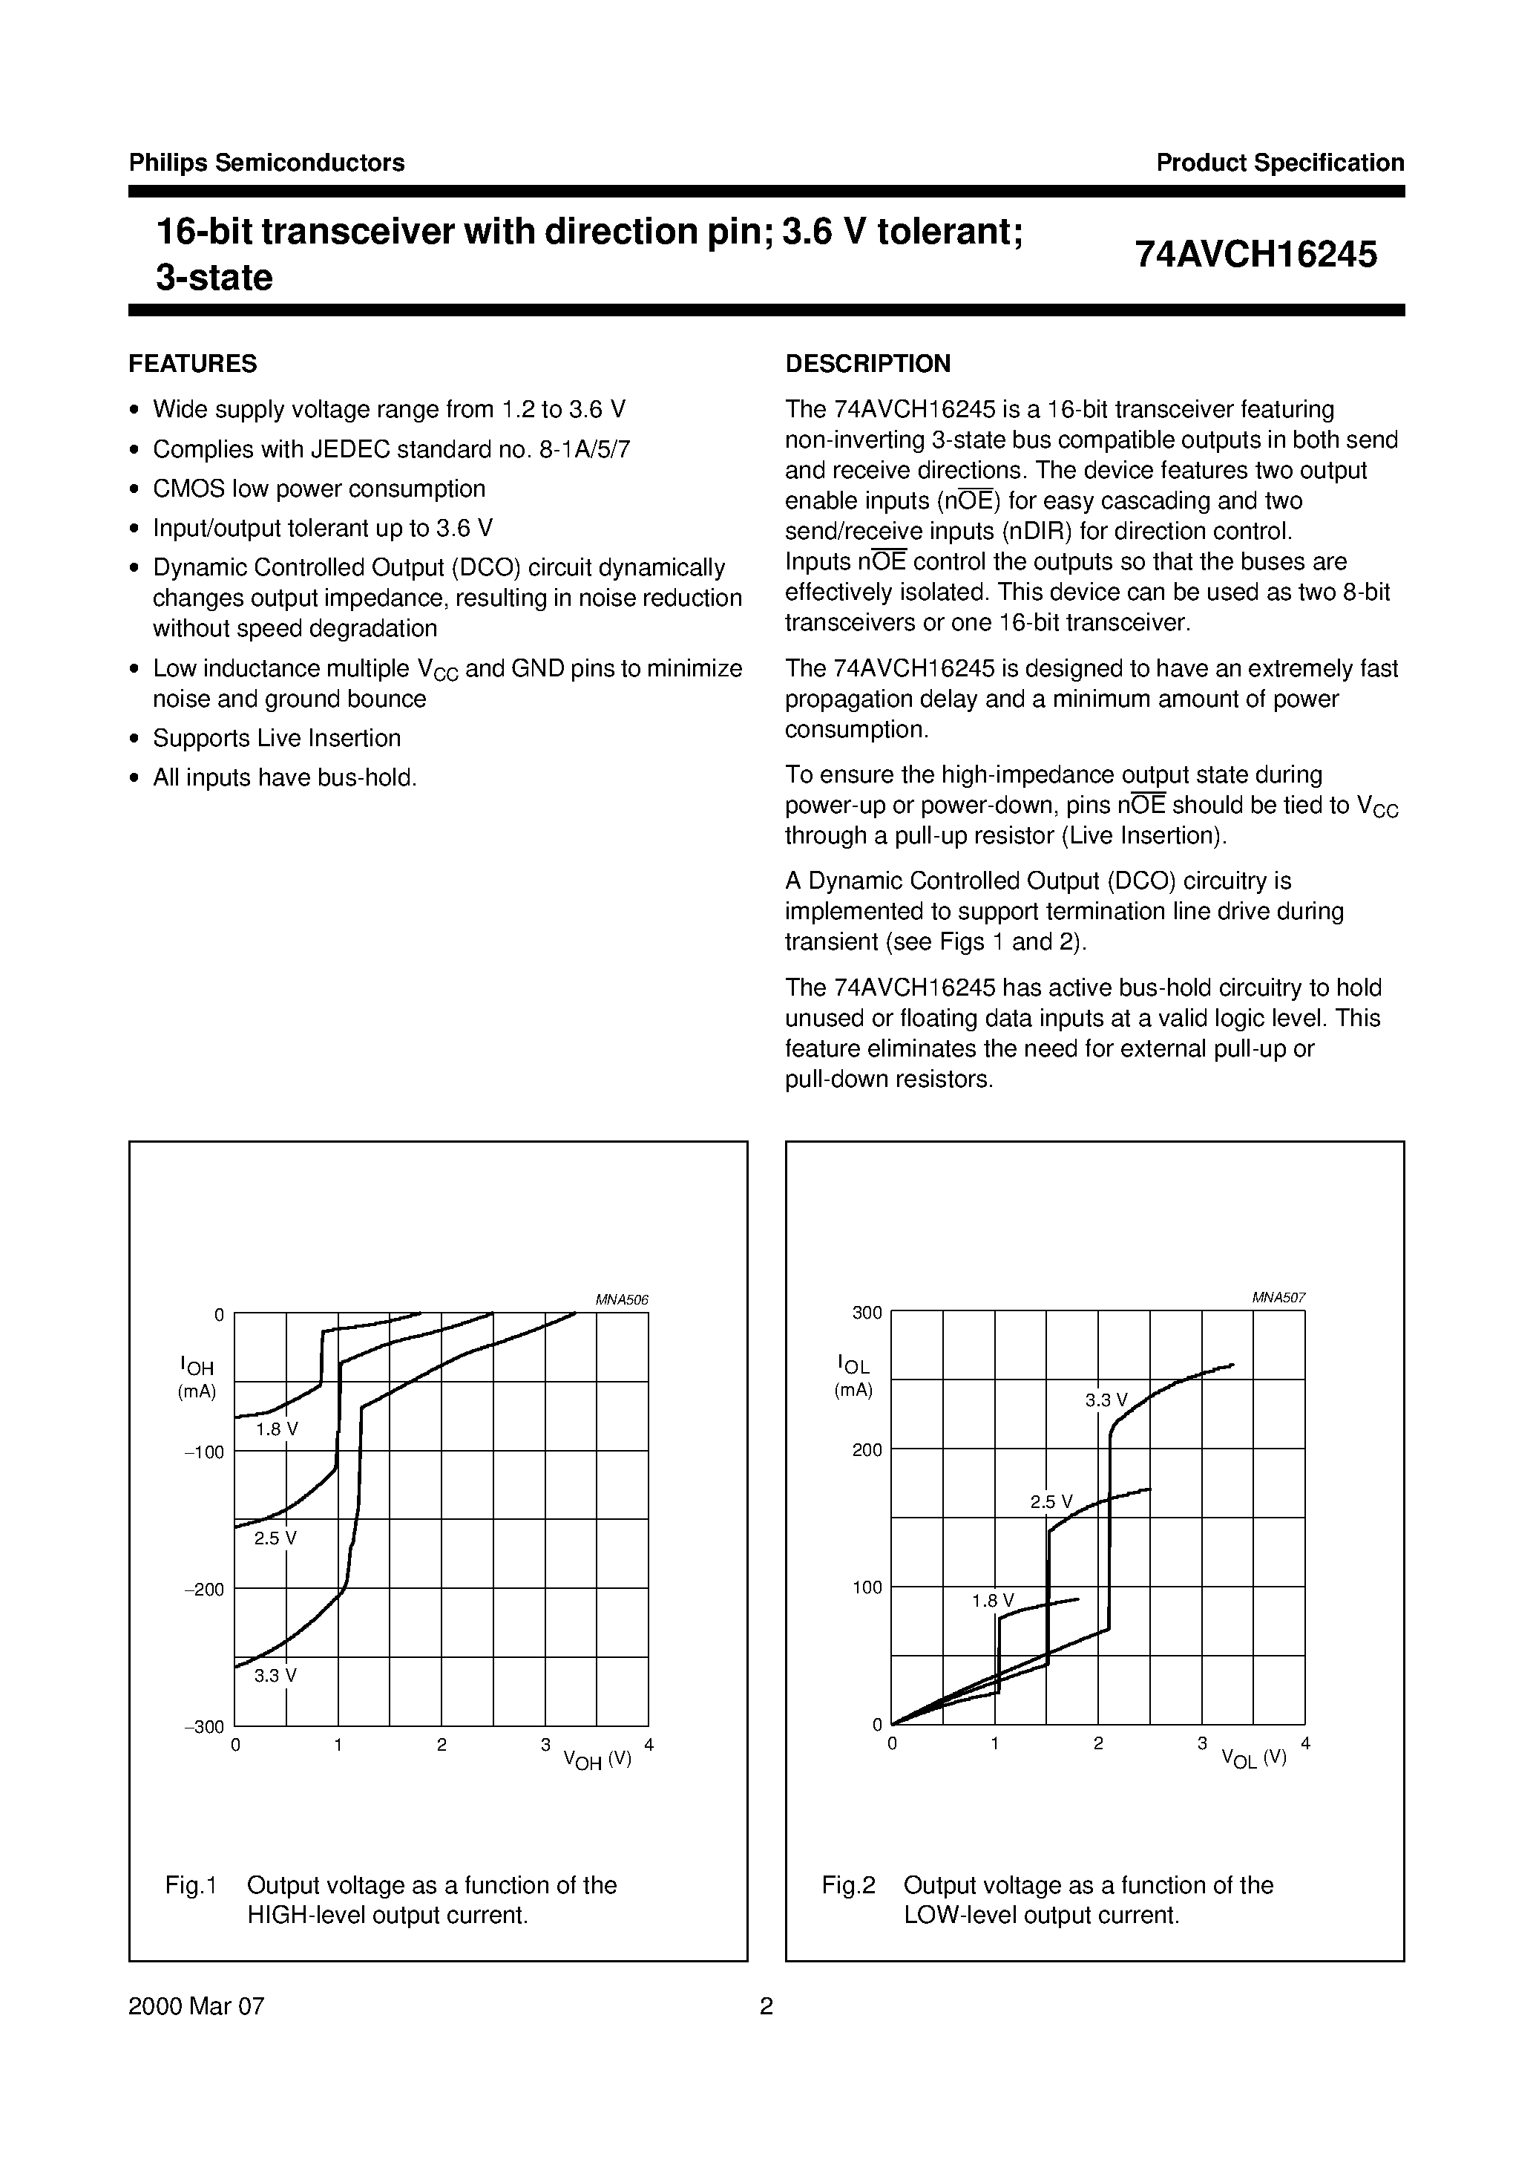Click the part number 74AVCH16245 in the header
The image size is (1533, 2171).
point(1256,255)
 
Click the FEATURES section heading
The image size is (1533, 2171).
point(193,364)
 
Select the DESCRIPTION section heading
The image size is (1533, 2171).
point(867,364)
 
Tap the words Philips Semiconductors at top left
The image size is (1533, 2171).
point(266,163)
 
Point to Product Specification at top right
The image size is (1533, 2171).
point(1280,163)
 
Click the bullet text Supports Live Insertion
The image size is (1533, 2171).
point(277,739)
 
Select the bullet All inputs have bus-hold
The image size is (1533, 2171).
point(284,778)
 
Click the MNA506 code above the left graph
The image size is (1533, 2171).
point(621,1300)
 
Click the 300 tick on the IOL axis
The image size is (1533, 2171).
point(867,1313)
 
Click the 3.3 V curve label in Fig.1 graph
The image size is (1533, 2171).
point(275,1677)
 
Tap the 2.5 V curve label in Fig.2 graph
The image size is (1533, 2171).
point(1051,1501)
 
